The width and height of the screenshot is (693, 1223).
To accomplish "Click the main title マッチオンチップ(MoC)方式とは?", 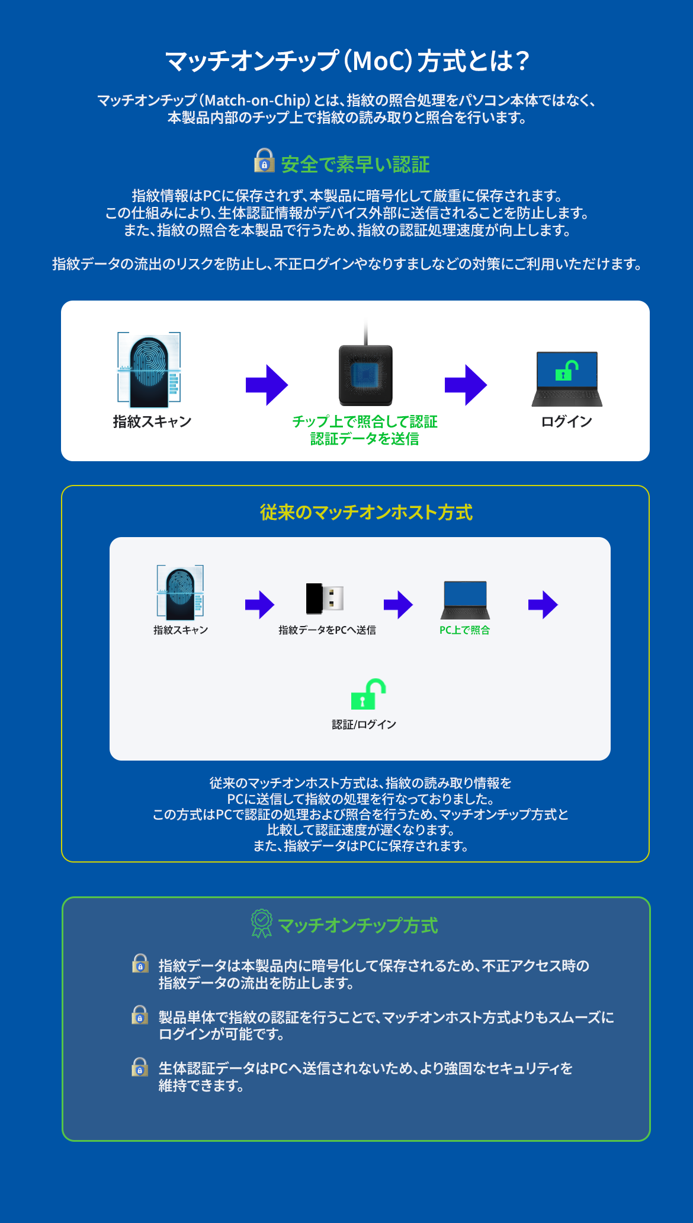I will pos(346,61).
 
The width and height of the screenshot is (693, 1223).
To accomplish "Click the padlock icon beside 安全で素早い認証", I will pos(264,161).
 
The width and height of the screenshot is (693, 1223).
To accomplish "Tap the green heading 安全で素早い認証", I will pos(355,164).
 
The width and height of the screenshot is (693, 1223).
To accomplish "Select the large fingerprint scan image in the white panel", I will pos(149,368).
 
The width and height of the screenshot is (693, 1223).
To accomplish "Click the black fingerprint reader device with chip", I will pos(365,375).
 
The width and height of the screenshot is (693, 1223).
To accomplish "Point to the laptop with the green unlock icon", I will pos(567,379).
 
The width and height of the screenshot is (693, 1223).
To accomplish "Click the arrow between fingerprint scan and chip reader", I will pos(267,385).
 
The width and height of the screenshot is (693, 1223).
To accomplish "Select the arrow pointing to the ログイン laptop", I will pos(466,385).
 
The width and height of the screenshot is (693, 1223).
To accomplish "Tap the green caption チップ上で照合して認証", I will pos(365,421).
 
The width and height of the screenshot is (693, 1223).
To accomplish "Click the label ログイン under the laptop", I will pos(567,421).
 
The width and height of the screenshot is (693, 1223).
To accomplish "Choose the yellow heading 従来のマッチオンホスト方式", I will pos(366,512).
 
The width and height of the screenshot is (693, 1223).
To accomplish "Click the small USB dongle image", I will pos(325,599).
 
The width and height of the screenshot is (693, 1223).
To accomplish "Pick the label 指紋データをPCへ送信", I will pos(327,630).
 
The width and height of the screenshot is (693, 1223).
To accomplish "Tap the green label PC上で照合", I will pos(464,630).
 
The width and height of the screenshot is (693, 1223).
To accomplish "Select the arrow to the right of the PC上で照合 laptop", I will pos(543,605).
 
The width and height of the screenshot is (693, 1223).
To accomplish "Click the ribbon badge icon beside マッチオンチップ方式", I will pos(262,924).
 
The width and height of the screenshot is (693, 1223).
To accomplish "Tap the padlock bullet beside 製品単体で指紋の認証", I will pos(140,1015).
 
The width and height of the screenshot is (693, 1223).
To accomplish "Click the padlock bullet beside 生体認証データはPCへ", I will pos(140,1066).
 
